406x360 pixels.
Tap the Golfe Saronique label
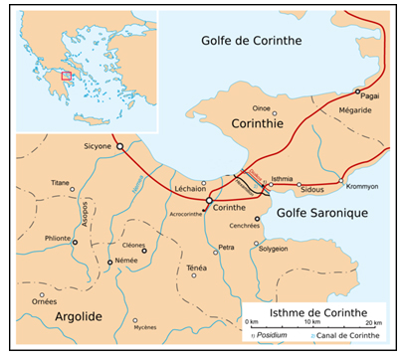tap(325, 213)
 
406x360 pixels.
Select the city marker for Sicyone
tap(120, 146)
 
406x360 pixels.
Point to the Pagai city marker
tap(358, 91)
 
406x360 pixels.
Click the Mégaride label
tap(356, 110)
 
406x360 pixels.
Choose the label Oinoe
tap(262, 110)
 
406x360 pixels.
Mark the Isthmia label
tap(282, 179)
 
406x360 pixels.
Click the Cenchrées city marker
tap(257, 219)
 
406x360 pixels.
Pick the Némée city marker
tap(109, 263)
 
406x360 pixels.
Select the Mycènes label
tap(144, 327)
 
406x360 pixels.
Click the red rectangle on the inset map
tap(67, 74)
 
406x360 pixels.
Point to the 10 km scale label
tap(310, 323)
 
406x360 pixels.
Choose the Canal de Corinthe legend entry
tap(349, 336)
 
